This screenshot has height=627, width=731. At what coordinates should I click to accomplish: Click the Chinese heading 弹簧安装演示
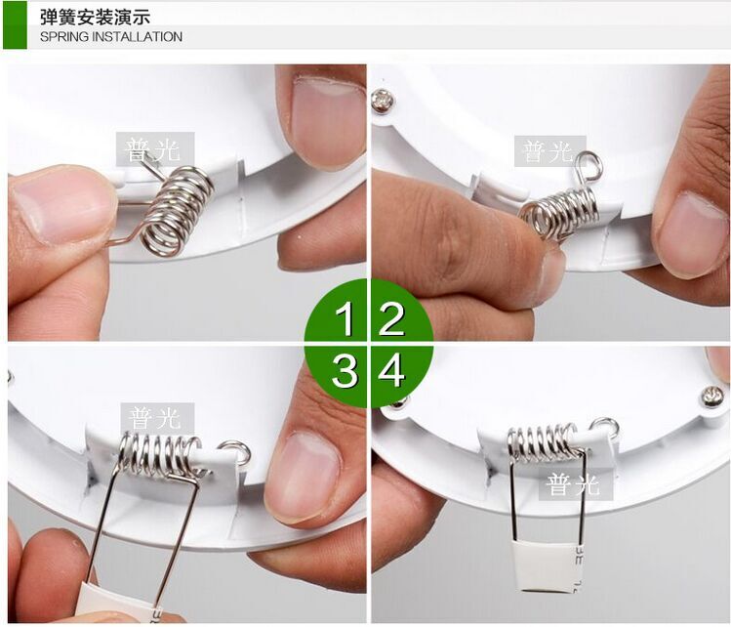(95, 18)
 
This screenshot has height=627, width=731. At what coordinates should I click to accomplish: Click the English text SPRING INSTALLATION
(111, 37)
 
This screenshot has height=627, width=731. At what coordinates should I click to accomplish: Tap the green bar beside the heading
(15, 24)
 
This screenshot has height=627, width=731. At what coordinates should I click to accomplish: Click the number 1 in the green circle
(345, 318)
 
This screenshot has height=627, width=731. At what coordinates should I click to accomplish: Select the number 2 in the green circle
(391, 318)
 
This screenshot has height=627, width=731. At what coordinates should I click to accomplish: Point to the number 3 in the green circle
(345, 370)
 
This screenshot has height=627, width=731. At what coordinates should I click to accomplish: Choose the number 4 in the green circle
(391, 370)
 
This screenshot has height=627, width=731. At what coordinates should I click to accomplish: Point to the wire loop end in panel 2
(589, 167)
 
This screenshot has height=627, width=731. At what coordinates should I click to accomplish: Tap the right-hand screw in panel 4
(712, 397)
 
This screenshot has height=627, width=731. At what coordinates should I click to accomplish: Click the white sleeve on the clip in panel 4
(547, 566)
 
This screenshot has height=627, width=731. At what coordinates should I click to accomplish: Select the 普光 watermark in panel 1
(154, 149)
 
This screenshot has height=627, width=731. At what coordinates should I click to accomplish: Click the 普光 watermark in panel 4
(575, 484)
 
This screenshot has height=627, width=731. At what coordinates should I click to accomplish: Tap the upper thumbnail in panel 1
(328, 119)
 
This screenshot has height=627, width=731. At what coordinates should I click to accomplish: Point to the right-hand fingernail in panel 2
(691, 232)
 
